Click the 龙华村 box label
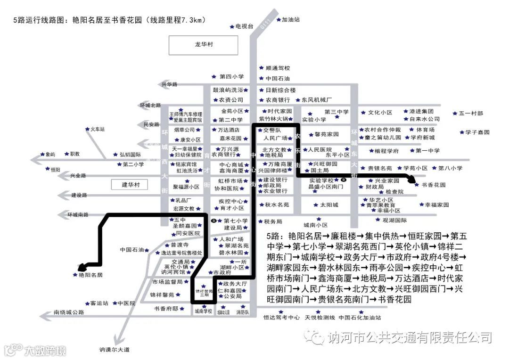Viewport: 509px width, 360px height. [x=204, y=44]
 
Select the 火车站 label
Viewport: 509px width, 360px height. [x=98, y=129]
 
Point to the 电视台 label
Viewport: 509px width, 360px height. [x=245, y=26]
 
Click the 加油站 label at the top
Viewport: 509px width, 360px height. [x=291, y=20]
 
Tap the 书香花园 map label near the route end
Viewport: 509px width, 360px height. [x=433, y=185]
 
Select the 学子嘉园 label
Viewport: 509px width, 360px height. [x=477, y=132]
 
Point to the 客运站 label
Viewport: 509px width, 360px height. [x=99, y=303]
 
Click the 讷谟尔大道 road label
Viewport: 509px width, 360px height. [x=114, y=349]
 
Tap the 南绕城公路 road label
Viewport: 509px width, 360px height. [x=69, y=312]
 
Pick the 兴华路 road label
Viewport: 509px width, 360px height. [x=169, y=84]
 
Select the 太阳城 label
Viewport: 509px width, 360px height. [x=329, y=205]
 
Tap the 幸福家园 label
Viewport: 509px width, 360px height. [x=437, y=205]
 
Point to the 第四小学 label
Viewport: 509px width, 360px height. [x=231, y=76]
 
